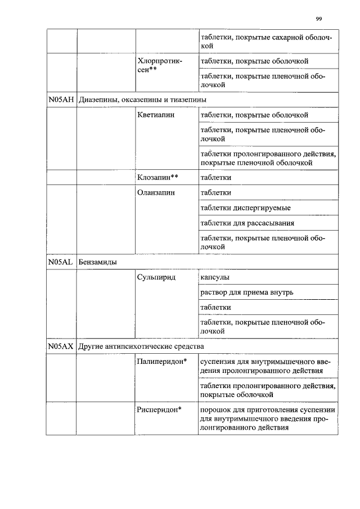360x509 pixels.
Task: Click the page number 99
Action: pyautogui.click(x=318, y=19)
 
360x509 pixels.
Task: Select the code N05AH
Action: pyautogui.click(x=61, y=100)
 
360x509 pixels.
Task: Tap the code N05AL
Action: pyautogui.click(x=61, y=262)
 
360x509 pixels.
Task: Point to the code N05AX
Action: pyautogui.click(x=61, y=346)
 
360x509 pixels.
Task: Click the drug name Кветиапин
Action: pyautogui.click(x=156, y=115)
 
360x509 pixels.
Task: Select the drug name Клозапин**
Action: pyautogui.click(x=157, y=177)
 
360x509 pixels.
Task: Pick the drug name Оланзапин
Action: pyautogui.click(x=156, y=192)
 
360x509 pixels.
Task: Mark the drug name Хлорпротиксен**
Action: pyautogui.click(x=159, y=65)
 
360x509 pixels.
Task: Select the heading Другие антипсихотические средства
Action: pyautogui.click(x=141, y=346)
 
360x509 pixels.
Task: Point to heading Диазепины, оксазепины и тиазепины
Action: pyautogui.click(x=142, y=100)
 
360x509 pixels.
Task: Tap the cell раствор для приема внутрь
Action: pyautogui.click(x=246, y=292)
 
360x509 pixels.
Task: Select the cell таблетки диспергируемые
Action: pyautogui.click(x=245, y=208)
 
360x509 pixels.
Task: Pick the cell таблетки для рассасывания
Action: pyautogui.click(x=247, y=223)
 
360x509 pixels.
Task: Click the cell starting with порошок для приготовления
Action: pyautogui.click(x=268, y=418)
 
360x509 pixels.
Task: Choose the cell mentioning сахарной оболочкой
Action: pyautogui.click(x=267, y=41)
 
